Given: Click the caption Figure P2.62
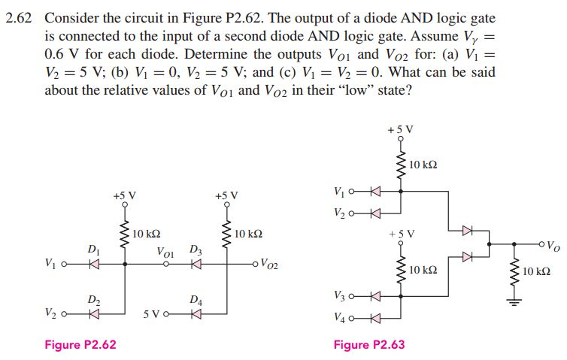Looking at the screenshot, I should (80, 345).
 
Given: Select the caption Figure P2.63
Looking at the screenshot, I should (369, 345).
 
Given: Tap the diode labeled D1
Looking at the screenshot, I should (92, 264).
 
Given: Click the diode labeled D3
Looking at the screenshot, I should (196, 264).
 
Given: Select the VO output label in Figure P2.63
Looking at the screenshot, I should (552, 244).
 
